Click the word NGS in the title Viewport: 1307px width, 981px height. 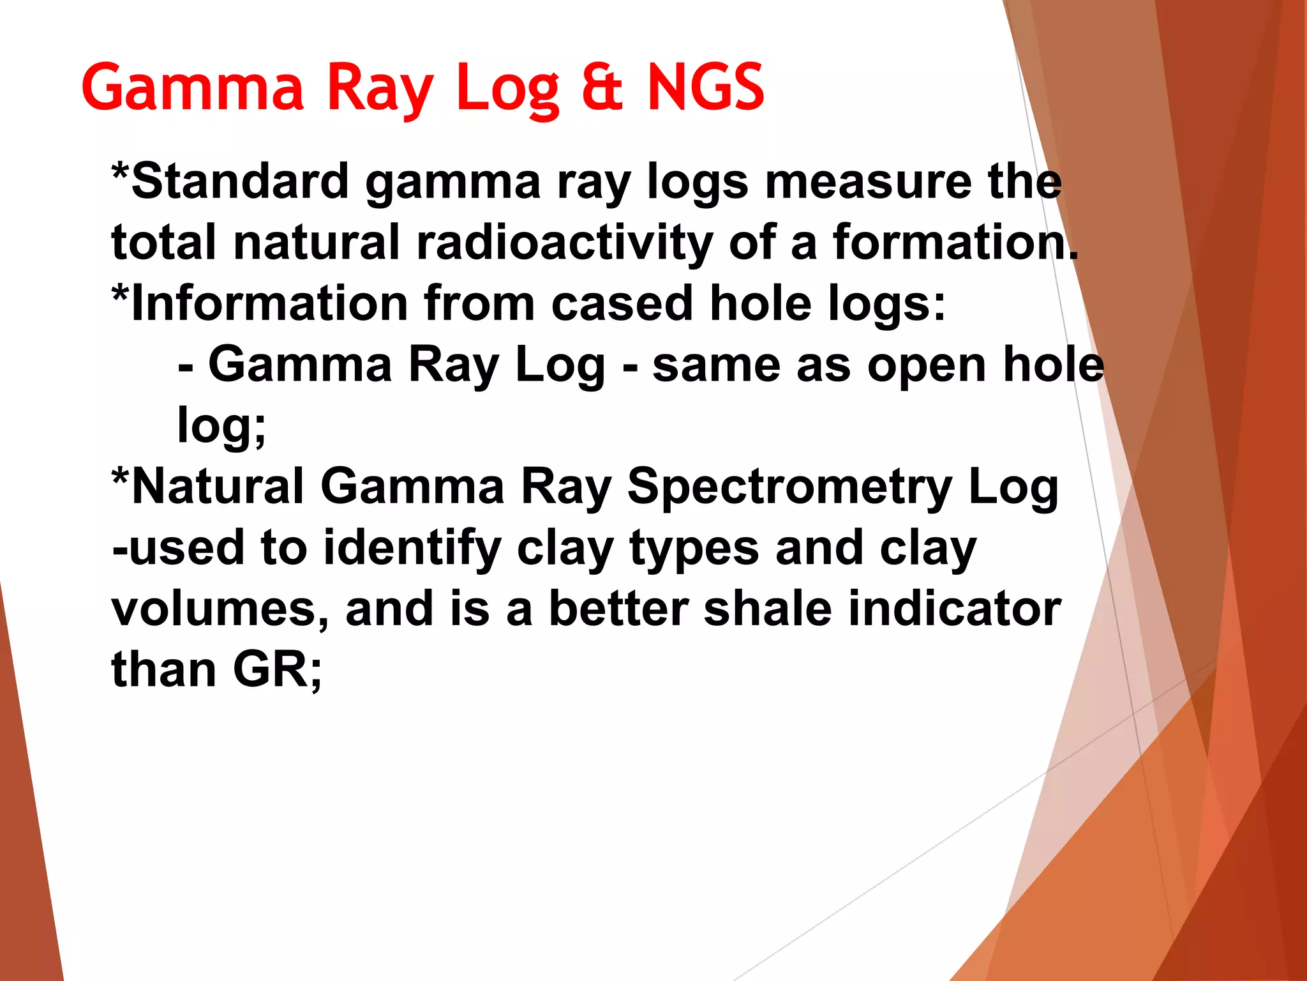(x=705, y=87)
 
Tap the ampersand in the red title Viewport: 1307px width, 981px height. (x=602, y=87)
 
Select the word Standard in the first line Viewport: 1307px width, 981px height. (x=240, y=181)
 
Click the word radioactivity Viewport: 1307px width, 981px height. (x=564, y=243)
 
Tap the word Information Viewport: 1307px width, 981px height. (x=269, y=303)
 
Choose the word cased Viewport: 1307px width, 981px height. (x=622, y=303)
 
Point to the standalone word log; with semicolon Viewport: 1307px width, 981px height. (x=221, y=426)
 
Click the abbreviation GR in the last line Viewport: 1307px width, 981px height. (x=271, y=670)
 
